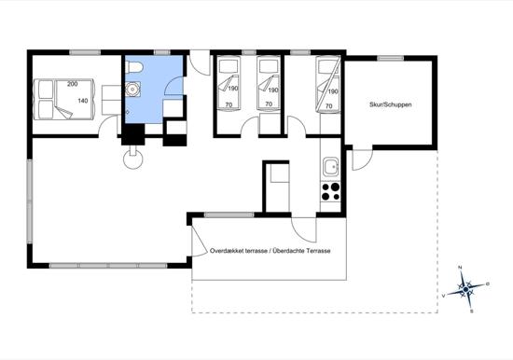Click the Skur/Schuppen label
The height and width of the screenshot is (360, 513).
tap(390, 104)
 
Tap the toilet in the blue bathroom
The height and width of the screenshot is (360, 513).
tap(134, 67)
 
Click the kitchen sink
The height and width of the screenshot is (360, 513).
tap(331, 167)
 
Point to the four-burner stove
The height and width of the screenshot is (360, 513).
tap(330, 191)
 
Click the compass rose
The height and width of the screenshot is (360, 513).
tap(465, 289)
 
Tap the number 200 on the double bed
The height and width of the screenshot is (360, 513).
tap(73, 84)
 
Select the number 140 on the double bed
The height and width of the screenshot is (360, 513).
tap(83, 101)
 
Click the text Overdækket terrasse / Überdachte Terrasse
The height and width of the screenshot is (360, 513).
tap(270, 251)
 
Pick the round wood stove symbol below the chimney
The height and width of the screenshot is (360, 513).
tap(132, 159)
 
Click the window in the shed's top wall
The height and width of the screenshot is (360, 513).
tap(390, 58)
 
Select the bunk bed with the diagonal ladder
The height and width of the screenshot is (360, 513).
tap(328, 85)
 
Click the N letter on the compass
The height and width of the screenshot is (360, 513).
tap(460, 268)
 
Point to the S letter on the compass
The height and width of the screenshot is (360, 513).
tap(471, 312)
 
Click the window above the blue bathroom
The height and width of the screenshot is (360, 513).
tap(162, 52)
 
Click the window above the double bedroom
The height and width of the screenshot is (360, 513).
tap(85, 52)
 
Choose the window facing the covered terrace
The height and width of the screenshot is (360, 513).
tap(229, 215)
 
